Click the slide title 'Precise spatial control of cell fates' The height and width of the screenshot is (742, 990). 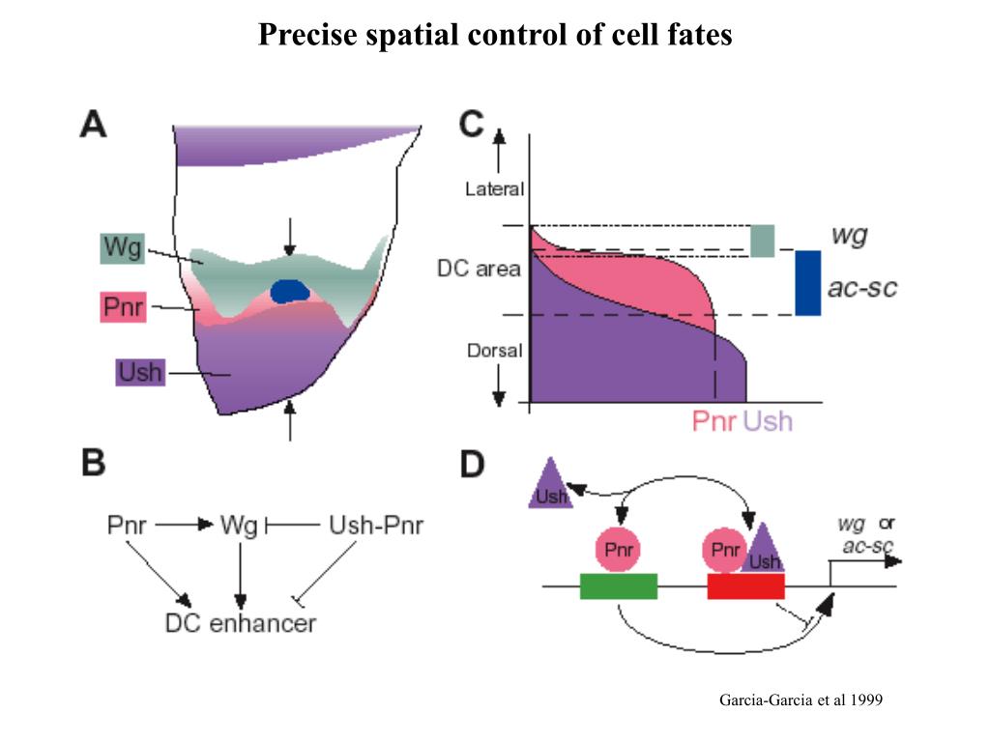(495, 36)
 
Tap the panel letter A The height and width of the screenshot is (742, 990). (94, 126)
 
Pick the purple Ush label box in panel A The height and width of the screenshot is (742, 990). (140, 372)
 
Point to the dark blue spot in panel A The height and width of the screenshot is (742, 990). (289, 290)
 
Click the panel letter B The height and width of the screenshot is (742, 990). (93, 464)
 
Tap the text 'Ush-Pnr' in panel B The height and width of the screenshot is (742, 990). (376, 526)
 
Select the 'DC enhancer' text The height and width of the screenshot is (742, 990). (240, 623)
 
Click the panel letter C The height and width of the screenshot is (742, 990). (471, 126)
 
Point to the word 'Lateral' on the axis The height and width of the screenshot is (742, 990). (494, 189)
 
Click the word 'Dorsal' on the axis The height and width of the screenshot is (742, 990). (493, 350)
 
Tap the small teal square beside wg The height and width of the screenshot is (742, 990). (763, 240)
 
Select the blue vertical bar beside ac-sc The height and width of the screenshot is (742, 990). (808, 283)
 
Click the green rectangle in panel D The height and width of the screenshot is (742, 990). (619, 586)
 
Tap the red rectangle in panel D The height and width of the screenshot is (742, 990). (745, 586)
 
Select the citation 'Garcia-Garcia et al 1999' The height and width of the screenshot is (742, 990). (801, 699)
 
